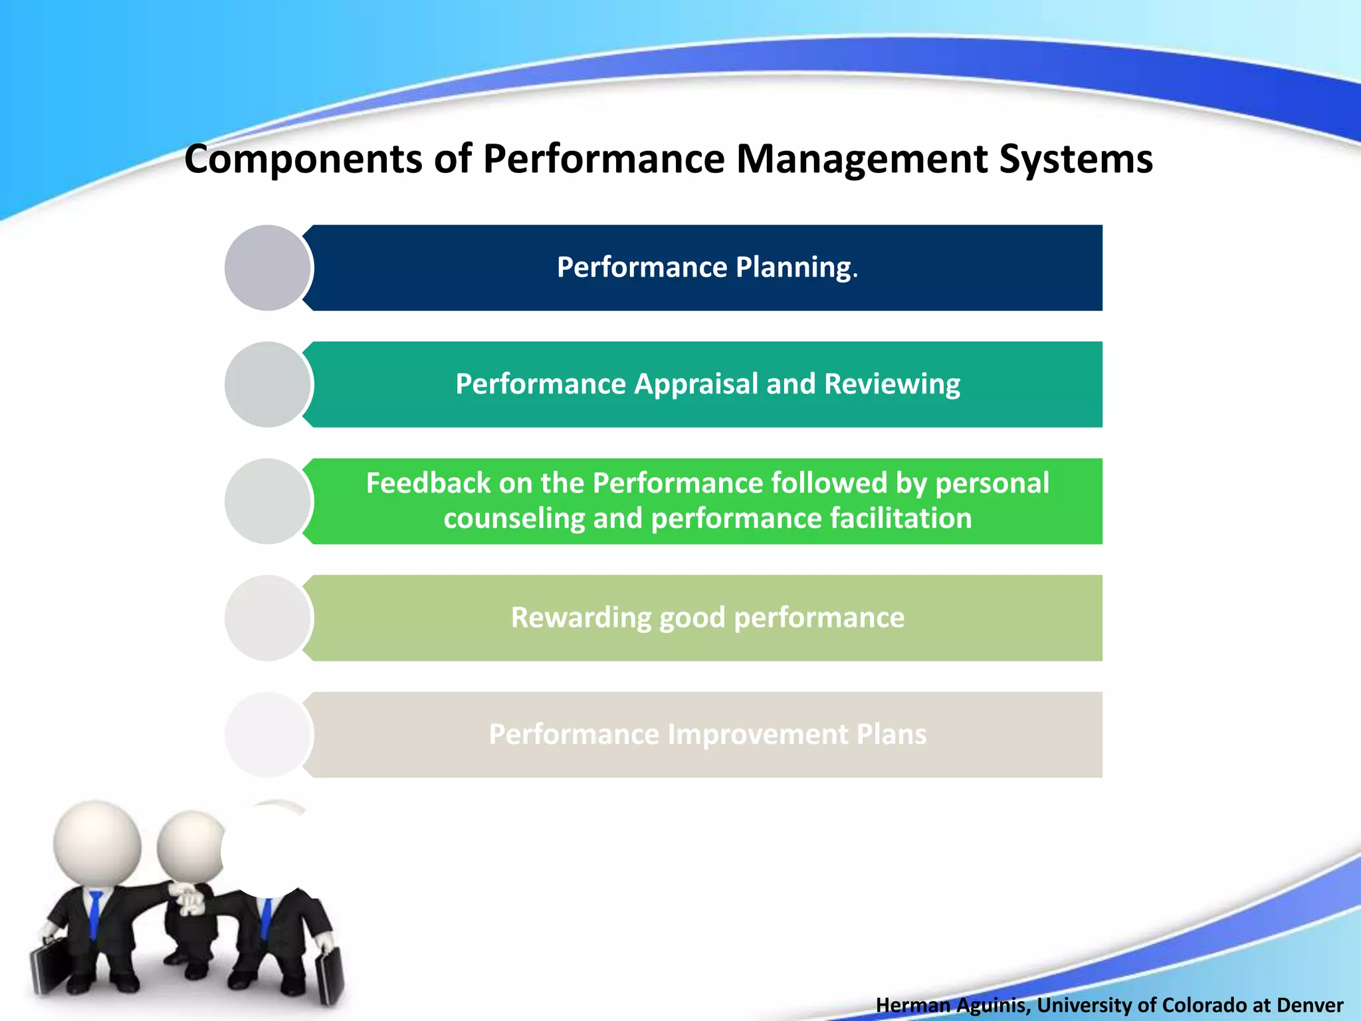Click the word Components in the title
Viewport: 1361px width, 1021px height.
point(303,160)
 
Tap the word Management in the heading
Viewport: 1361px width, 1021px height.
point(861,160)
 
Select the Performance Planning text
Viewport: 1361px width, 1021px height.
point(707,267)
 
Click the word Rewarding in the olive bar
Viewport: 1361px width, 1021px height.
point(581,618)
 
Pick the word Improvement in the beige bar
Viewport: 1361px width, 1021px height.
point(758,735)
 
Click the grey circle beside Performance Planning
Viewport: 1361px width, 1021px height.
point(268,268)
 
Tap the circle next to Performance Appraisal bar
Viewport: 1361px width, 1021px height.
point(268,384)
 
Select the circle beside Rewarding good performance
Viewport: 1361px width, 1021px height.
point(268,618)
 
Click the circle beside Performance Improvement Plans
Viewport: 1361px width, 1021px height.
point(268,735)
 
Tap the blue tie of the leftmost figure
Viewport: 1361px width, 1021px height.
point(96,914)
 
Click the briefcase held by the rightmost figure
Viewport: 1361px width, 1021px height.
point(330,974)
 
